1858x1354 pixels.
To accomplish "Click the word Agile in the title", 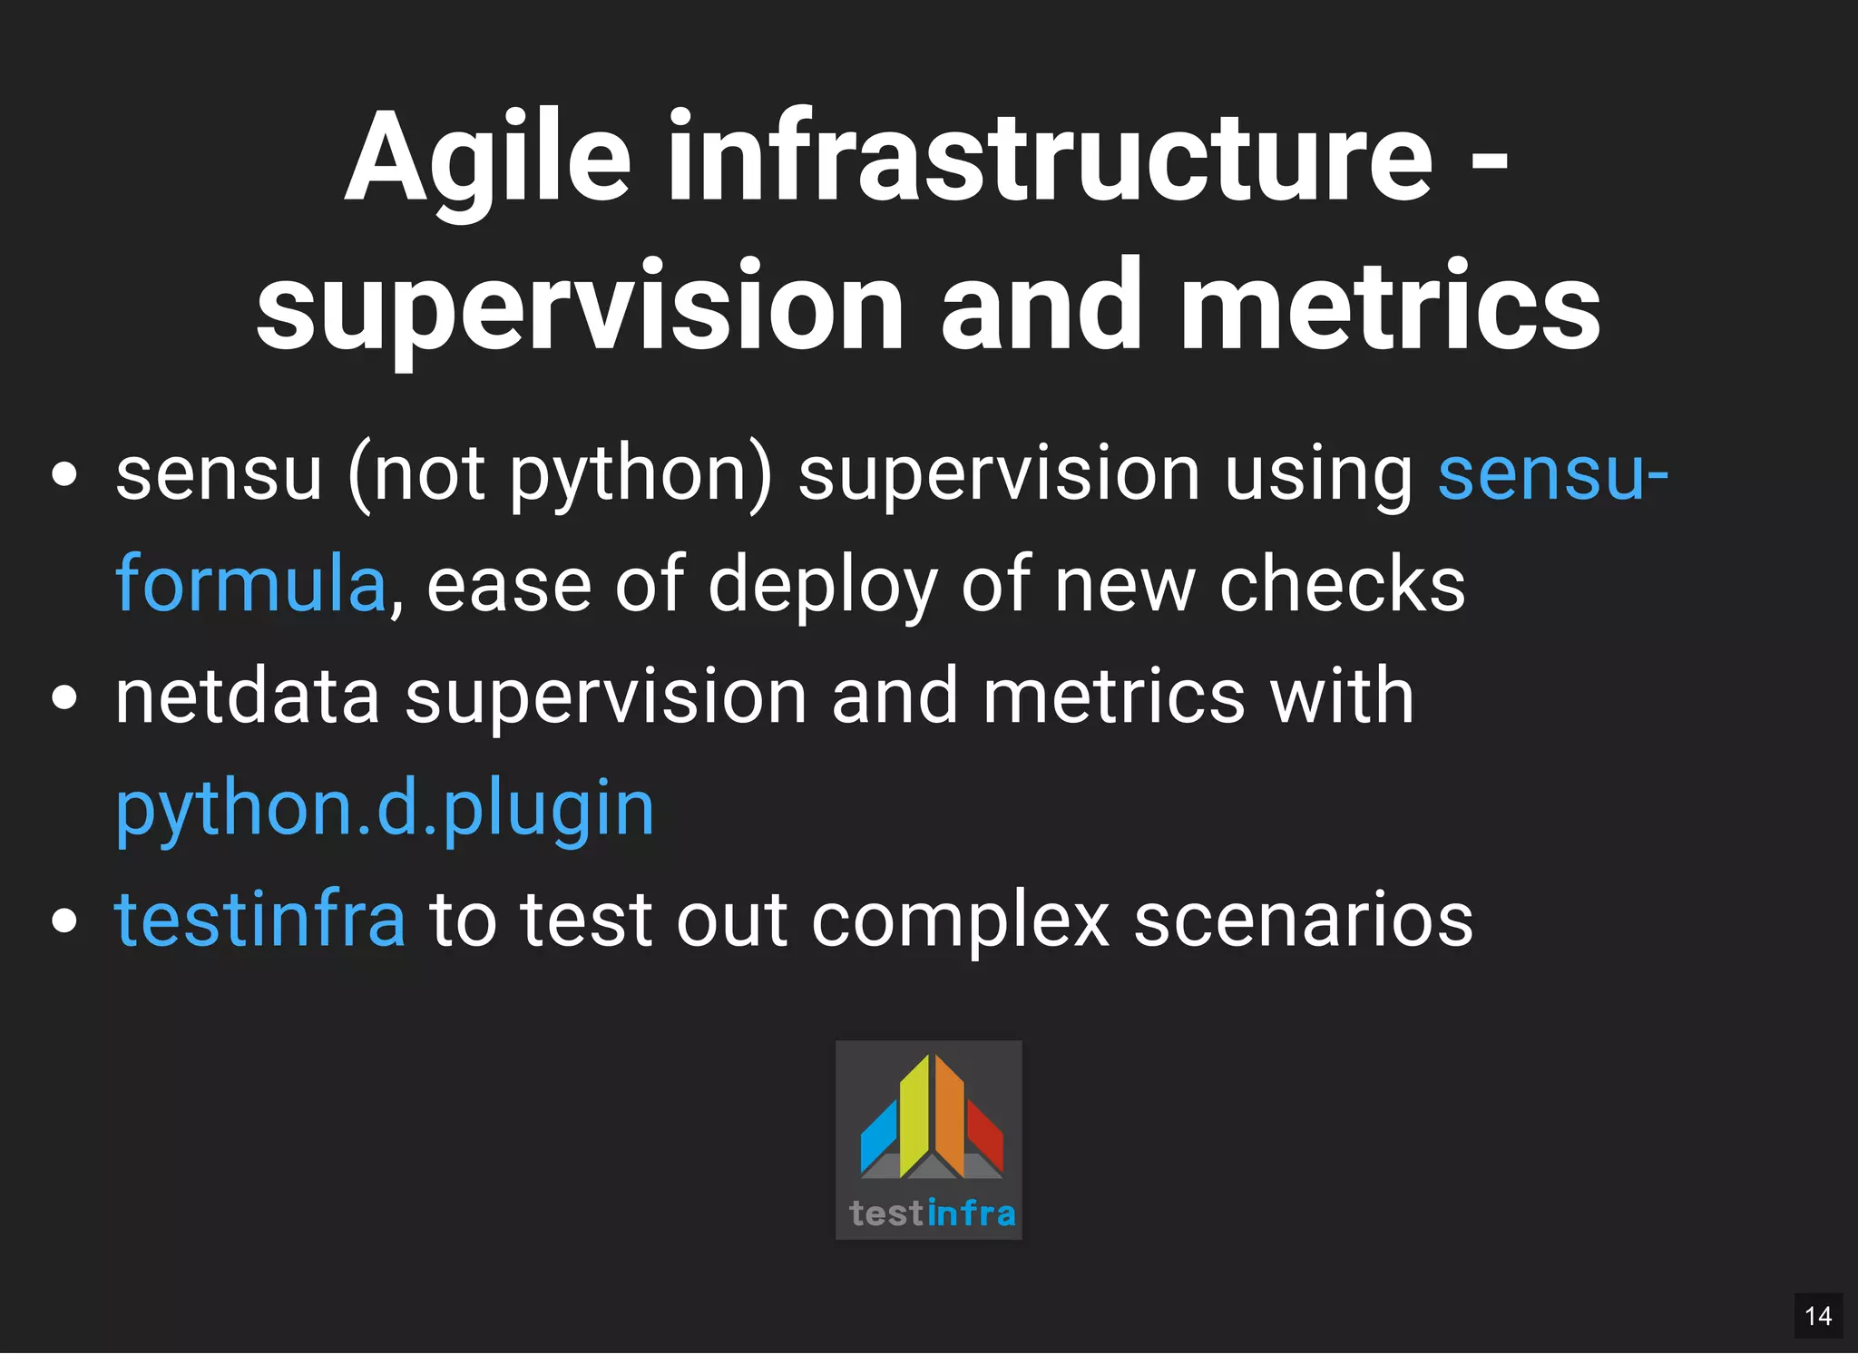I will (487, 159).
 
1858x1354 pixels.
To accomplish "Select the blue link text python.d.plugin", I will (385, 809).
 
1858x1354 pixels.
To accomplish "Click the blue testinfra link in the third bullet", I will (259, 920).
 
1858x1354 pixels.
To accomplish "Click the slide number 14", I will (1817, 1316).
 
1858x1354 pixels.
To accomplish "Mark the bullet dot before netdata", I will (64, 698).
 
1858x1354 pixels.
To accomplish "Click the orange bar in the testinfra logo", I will (949, 1116).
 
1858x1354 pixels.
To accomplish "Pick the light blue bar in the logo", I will (878, 1136).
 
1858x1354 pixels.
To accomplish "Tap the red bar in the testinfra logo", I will (984, 1134).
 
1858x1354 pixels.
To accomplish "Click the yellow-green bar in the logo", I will (914, 1117).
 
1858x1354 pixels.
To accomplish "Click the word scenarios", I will (1303, 920).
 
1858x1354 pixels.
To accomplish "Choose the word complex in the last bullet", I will (960, 920).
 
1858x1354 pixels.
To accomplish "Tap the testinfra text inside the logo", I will (932, 1213).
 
